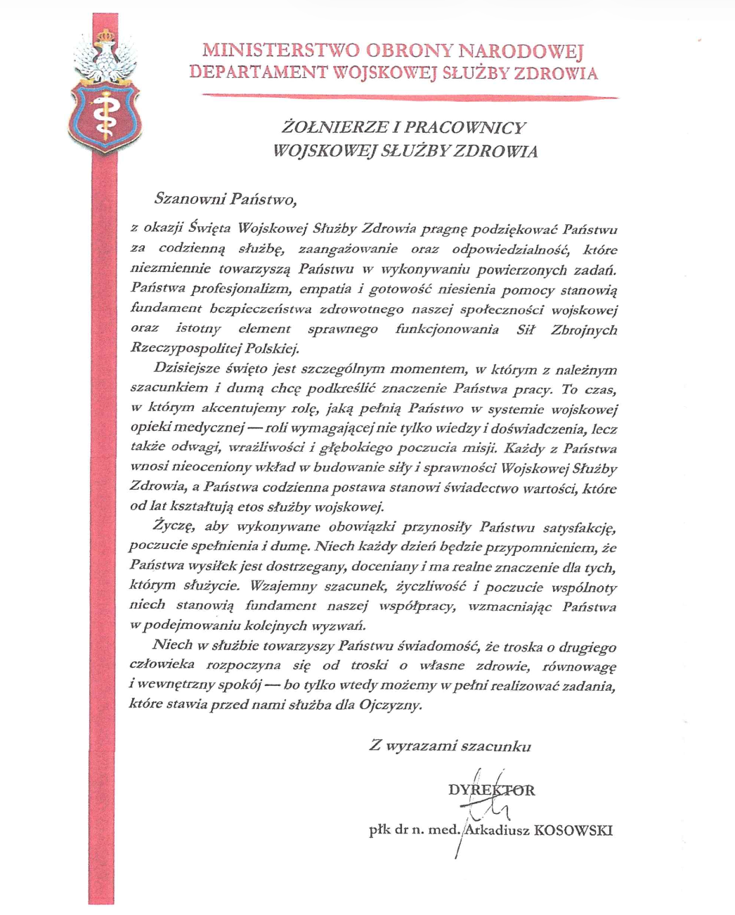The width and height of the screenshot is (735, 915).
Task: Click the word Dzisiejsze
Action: pyautogui.click(x=186, y=368)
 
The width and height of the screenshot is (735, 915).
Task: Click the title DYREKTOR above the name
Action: pyautogui.click(x=491, y=789)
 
